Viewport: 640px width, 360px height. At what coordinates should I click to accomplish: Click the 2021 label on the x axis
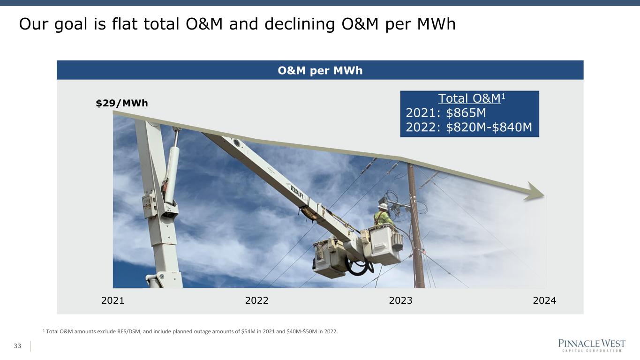pos(113,300)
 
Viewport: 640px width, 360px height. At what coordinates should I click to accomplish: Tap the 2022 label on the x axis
pos(256,300)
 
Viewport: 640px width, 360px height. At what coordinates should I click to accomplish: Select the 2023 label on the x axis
pos(400,300)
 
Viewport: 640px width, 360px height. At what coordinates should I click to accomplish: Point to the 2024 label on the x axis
pos(544,300)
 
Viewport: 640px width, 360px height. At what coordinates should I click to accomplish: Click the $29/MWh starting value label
pos(122,103)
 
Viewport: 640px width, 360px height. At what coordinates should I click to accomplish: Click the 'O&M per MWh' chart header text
pos(320,70)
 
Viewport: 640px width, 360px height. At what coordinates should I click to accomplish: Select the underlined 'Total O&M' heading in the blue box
pos(469,98)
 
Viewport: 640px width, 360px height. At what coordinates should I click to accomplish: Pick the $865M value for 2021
pos(466,113)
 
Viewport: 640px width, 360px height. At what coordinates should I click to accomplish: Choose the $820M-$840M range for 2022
pos(489,127)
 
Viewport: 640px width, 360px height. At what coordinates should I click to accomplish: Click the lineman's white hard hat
pos(383,206)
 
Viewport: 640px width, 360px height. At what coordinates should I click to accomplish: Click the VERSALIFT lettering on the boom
pos(297,192)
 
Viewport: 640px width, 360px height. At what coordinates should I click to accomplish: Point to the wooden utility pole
pos(416,226)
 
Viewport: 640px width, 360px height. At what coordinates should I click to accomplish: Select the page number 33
pos(17,346)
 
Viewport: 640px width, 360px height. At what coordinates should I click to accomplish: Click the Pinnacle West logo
pos(592,345)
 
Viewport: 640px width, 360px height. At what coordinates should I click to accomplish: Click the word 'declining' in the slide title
pos(300,24)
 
